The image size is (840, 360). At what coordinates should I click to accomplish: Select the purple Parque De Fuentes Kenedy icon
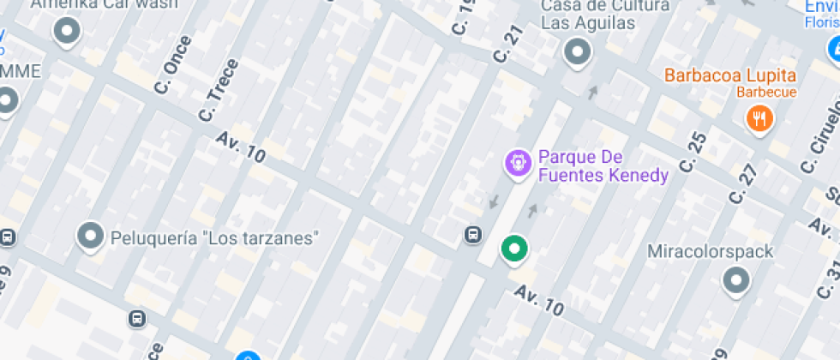click(517, 163)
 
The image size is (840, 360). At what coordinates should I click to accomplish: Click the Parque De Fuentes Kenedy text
click(603, 167)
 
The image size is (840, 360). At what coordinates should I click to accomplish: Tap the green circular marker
click(514, 249)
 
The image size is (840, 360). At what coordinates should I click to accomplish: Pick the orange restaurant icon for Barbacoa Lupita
click(759, 117)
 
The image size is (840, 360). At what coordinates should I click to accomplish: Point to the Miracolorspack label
click(710, 252)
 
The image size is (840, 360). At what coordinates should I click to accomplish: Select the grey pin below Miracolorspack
click(735, 279)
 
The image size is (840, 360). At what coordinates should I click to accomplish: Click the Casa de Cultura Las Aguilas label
click(605, 15)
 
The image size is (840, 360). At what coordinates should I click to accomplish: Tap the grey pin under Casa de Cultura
click(578, 52)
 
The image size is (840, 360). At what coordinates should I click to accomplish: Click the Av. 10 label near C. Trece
click(241, 148)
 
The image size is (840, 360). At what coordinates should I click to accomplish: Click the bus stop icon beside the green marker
click(472, 234)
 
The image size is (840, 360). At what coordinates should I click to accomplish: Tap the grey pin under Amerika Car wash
click(66, 32)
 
